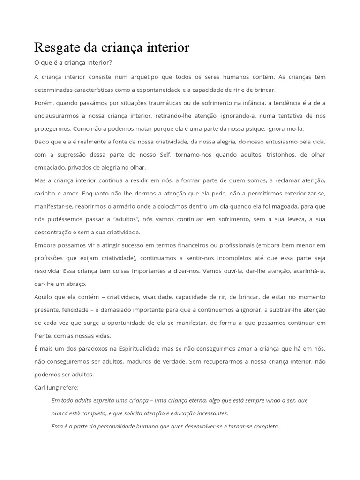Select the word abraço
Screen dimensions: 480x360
point(76,284)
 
